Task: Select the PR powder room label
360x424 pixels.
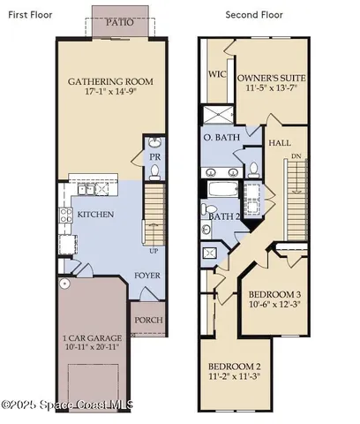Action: pyautogui.click(x=154, y=157)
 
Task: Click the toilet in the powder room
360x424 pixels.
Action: pyautogui.click(x=154, y=142)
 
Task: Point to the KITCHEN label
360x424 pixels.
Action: pyautogui.click(x=94, y=215)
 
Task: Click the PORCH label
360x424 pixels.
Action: pyautogui.click(x=147, y=321)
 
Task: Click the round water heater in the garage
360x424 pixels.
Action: pyautogui.click(x=64, y=284)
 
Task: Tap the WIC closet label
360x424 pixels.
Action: pyautogui.click(x=216, y=75)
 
